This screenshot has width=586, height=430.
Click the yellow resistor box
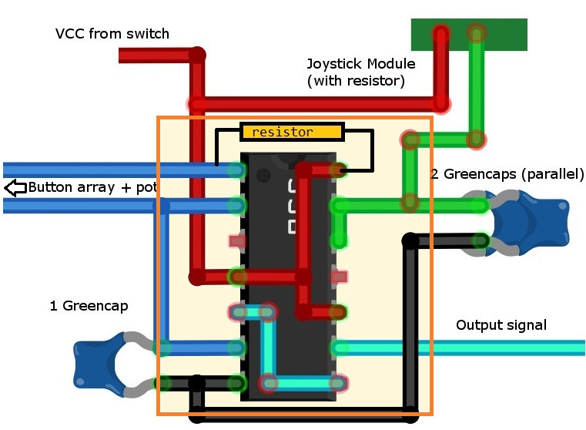(x=291, y=132)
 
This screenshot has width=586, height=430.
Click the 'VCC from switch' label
(x=112, y=34)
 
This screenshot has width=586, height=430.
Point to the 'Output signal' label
(x=501, y=325)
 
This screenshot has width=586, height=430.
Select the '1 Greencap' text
(x=89, y=306)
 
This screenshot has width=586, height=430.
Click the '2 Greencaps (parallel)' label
(x=507, y=174)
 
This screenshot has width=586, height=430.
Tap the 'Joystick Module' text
(x=361, y=64)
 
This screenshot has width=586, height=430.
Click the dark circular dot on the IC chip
(x=263, y=175)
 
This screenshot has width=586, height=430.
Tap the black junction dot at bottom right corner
(x=410, y=416)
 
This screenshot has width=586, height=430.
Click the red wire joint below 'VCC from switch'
(x=198, y=55)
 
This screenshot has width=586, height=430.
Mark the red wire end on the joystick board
(x=440, y=34)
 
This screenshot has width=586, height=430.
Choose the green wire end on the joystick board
(x=477, y=34)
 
